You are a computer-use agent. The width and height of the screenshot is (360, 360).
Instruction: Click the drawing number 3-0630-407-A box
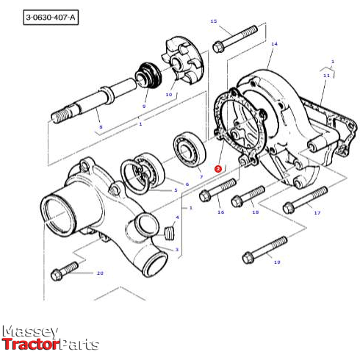point(50,15)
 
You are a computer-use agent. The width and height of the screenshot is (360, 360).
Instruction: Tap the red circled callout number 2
point(217,168)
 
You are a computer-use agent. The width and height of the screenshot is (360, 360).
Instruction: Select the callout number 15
point(214,21)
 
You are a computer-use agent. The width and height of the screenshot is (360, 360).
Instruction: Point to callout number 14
point(274,44)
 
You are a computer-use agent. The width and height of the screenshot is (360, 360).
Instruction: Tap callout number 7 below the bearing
point(200,177)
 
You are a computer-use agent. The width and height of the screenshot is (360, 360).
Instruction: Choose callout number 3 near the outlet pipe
point(176,250)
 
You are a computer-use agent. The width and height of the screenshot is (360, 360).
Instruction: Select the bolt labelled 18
point(248,195)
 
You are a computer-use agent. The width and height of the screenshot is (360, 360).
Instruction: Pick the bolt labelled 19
point(264,248)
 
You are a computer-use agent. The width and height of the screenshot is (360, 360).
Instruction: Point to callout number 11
point(326,75)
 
